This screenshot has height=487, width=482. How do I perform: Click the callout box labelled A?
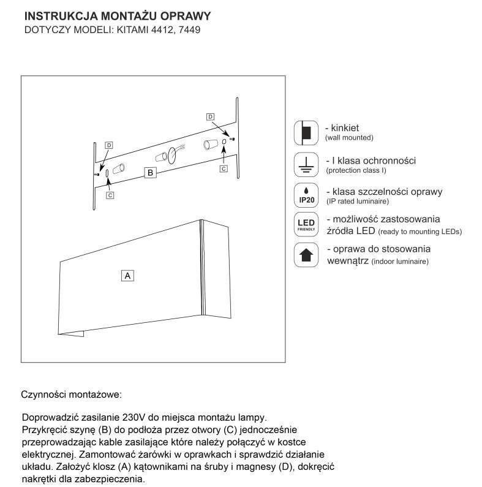tap(128, 276)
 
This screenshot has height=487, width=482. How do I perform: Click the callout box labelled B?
tap(150, 173)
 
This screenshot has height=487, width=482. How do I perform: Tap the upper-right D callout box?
tap(211, 116)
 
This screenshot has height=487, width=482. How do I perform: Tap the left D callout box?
tap(109, 145)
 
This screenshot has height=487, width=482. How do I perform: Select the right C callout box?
tap(223, 167)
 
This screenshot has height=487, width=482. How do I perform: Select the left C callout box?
tap(109, 195)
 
